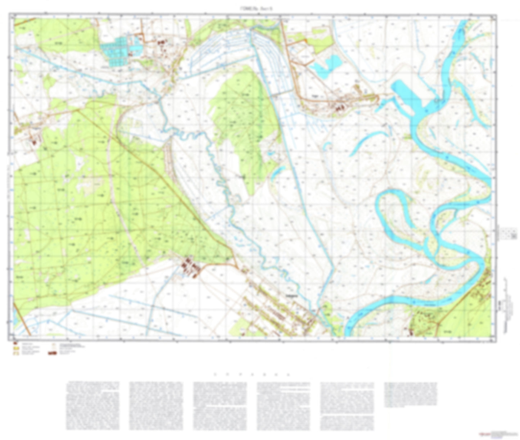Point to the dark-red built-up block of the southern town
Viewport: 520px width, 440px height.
point(191,267)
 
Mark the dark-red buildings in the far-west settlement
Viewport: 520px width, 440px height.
point(35,142)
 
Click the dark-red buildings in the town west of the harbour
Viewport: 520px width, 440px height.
point(339,107)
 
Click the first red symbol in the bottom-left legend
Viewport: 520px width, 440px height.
point(15,344)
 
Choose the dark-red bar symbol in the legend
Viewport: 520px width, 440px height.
point(53,353)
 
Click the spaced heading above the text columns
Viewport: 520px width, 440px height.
point(252,375)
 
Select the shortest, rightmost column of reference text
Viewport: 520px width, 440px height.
point(411,394)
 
